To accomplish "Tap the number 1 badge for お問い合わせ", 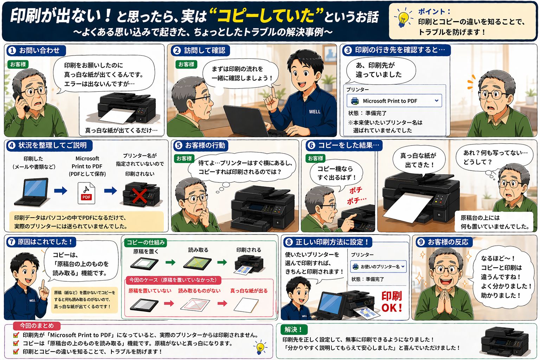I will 12,51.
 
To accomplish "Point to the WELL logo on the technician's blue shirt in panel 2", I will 315,111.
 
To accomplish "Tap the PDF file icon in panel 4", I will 86,193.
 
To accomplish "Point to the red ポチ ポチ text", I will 356,195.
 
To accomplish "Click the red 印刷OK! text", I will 392,302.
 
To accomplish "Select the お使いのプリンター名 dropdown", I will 378,266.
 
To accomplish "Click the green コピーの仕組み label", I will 145,242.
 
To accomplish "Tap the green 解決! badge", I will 293,329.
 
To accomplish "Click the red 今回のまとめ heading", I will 37,326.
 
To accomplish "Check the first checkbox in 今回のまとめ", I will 16,335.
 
